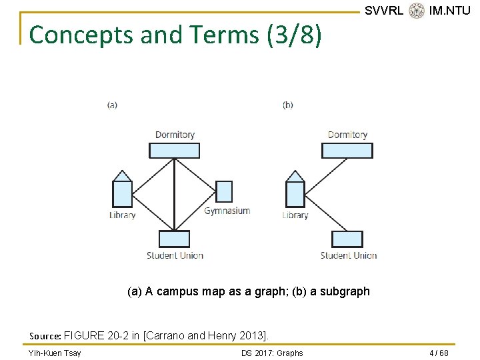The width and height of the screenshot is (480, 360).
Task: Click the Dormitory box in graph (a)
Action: point(174,151)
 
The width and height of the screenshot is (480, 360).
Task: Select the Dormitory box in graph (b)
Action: point(347,151)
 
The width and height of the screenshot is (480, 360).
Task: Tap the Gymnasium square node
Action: point(224,191)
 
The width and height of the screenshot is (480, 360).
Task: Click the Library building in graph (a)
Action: point(122,190)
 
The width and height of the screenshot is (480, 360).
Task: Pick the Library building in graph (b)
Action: point(295,190)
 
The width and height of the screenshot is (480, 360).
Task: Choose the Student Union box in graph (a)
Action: point(174,239)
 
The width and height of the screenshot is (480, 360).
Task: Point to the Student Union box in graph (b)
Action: point(347,239)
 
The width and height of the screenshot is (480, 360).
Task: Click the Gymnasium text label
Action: point(227,211)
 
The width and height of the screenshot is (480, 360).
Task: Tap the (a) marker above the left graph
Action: point(112,105)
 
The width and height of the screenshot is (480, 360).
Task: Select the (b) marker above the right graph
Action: point(288,105)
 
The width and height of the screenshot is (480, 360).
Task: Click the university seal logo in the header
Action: point(417,11)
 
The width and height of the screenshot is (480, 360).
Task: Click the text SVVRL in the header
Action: point(384,11)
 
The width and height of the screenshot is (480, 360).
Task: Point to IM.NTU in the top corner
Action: point(450,11)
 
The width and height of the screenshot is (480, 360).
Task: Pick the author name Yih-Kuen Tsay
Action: point(55,353)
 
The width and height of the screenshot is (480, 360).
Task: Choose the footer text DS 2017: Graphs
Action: point(272,353)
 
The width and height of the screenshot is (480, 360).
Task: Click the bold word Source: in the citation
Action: point(45,335)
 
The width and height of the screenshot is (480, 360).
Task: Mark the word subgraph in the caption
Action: point(347,291)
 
